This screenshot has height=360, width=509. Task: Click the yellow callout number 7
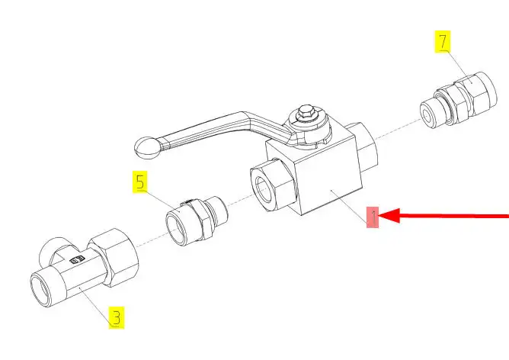[443, 42]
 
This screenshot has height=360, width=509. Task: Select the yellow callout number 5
[140, 182]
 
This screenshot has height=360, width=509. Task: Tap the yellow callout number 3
[117, 317]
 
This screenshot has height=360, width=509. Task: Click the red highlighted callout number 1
[373, 217]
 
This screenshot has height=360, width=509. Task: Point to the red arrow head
[389, 216]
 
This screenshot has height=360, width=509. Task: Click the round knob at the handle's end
[147, 149]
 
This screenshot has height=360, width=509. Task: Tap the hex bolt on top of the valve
[306, 112]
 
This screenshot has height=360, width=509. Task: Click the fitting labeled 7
[459, 99]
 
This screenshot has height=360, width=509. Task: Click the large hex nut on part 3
[114, 257]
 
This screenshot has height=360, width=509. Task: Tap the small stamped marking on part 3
[77, 259]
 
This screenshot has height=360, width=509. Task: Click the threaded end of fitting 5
[218, 211]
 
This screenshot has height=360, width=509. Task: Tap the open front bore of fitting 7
[429, 115]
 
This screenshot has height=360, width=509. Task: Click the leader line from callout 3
[97, 305]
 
